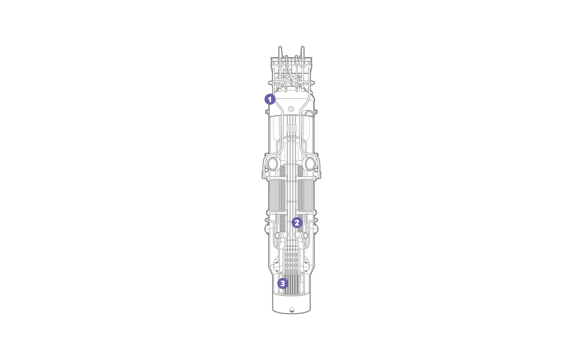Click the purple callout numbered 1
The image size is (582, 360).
tap(270, 99)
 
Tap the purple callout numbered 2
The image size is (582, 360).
tap(297, 223)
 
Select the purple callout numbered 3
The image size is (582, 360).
tap(283, 283)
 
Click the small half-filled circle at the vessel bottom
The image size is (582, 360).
tap(292, 310)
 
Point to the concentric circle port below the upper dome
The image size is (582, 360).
tap(291, 109)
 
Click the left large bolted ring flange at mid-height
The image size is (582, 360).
tap(273, 164)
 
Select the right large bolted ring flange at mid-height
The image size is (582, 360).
tap(310, 164)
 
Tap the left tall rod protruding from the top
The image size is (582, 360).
tap(280, 52)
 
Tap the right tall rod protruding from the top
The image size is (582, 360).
tap(303, 52)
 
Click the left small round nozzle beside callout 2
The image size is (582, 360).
tap(278, 235)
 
